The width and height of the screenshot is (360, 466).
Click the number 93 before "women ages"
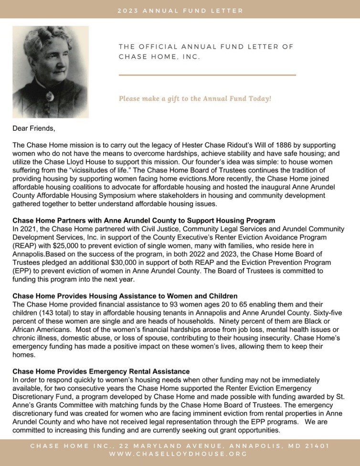pyautogui.click(x=164, y=304)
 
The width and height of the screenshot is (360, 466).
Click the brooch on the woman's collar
pyautogui.click(x=48, y=96)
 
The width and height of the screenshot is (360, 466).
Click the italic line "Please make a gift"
pyautogui.click(x=195, y=99)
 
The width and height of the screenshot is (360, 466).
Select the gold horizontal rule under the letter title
pyautogui.click(x=207, y=75)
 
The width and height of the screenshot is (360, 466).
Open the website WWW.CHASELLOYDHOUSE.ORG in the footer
pyautogui.click(x=180, y=455)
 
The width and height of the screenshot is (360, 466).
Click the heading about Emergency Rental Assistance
pyautogui.click(x=101, y=371)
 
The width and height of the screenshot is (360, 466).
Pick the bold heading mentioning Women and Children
pyautogui.click(x=125, y=296)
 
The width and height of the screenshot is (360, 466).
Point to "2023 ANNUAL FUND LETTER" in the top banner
pyautogui.click(x=180, y=11)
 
